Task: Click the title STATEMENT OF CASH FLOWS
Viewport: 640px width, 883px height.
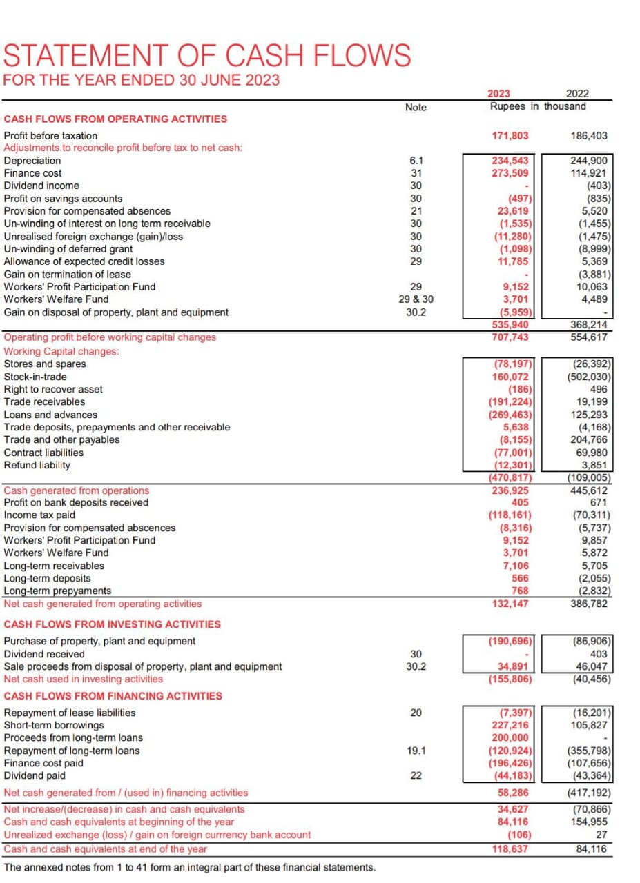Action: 207,55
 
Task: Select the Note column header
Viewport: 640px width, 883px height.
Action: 416,107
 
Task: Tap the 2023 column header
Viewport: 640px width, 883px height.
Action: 499,95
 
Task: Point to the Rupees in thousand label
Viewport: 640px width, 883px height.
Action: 538,106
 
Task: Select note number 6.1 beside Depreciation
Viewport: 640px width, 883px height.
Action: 416,161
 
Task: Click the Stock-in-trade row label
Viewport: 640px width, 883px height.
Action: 36,377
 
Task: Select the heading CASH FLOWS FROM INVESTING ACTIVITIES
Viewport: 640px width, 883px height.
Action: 113,624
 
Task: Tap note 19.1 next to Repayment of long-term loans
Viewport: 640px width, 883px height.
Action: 416,751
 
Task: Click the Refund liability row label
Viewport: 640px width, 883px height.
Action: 37,465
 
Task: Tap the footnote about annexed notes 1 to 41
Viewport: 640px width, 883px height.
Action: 190,867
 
